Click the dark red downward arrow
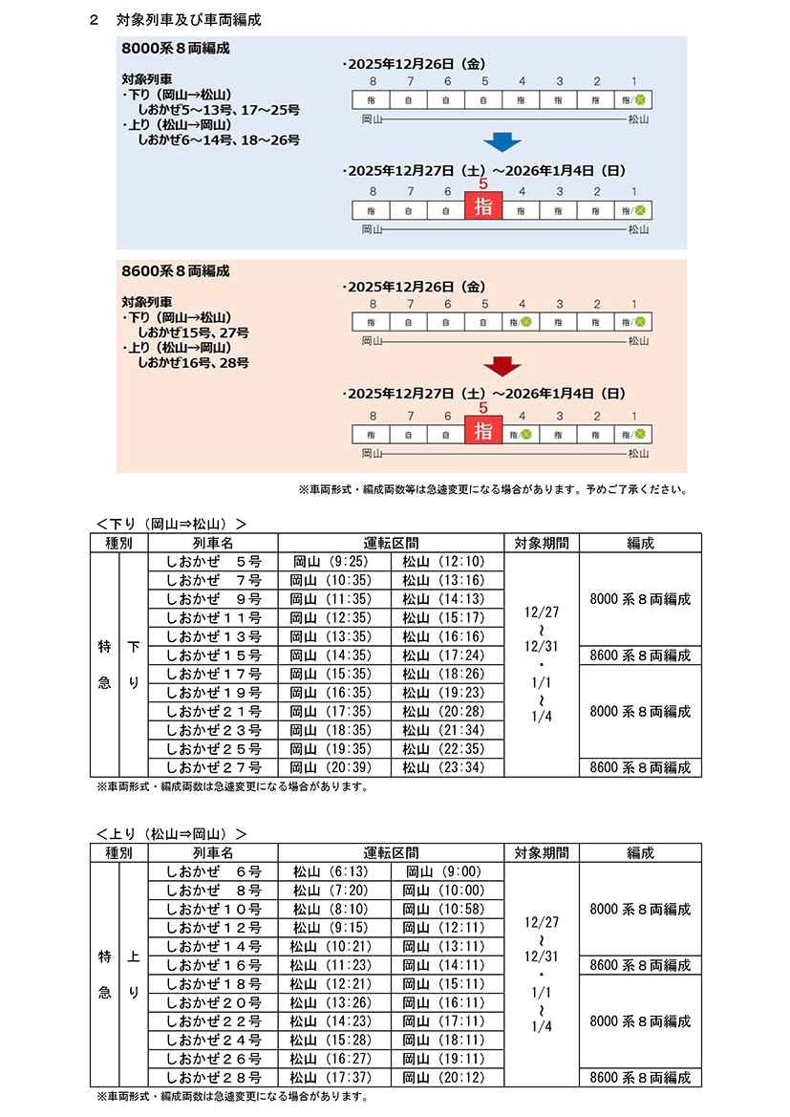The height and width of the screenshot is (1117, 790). pos(502,365)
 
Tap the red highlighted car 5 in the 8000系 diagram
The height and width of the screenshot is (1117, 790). pos(483,205)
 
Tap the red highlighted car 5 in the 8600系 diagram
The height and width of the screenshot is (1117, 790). pos(483,429)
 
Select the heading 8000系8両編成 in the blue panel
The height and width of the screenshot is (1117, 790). pos(176,47)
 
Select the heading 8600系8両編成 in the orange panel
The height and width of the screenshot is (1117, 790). pos(176,271)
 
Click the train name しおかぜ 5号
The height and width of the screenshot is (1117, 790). pos(213,562)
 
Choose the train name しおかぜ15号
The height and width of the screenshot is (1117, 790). pos(213,655)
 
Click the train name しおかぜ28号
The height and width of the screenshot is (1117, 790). pos(213,1077)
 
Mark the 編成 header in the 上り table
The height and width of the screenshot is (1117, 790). pos(640,852)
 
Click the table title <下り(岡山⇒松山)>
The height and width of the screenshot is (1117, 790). pos(172,523)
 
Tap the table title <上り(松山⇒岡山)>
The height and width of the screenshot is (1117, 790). pos(172,833)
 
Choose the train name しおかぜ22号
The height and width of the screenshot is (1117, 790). pos(213,1021)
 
